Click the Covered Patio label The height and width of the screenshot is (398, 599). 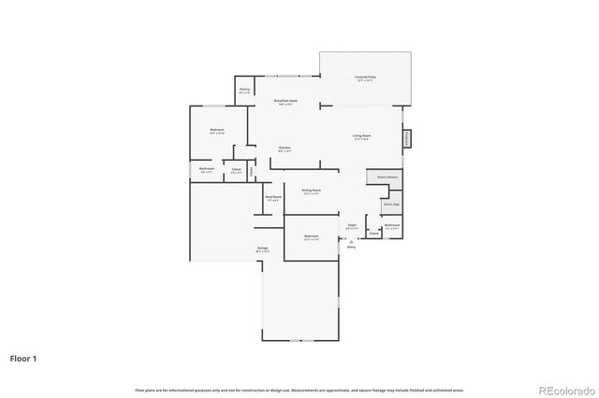(x=365, y=78)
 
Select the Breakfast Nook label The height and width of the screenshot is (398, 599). (x=285, y=102)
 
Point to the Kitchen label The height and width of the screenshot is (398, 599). (x=285, y=149)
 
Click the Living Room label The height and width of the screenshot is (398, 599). (x=359, y=136)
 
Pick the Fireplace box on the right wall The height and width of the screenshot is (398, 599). (x=407, y=138)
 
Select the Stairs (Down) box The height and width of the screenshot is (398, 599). (x=387, y=177)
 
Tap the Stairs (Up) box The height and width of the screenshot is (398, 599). (x=391, y=203)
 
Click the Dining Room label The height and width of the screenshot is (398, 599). (x=312, y=192)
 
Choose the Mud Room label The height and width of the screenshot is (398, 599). (x=273, y=198)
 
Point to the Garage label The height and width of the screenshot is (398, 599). (x=263, y=249)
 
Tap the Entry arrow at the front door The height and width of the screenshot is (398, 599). (x=352, y=243)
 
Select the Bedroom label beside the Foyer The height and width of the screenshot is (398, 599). (x=312, y=237)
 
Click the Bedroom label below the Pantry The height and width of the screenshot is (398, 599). (x=217, y=131)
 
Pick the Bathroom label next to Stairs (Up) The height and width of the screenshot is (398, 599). (x=391, y=226)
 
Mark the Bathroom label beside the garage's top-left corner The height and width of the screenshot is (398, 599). (x=207, y=170)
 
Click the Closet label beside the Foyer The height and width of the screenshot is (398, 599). (x=373, y=234)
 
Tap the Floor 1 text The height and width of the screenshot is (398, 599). (x=23, y=358)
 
